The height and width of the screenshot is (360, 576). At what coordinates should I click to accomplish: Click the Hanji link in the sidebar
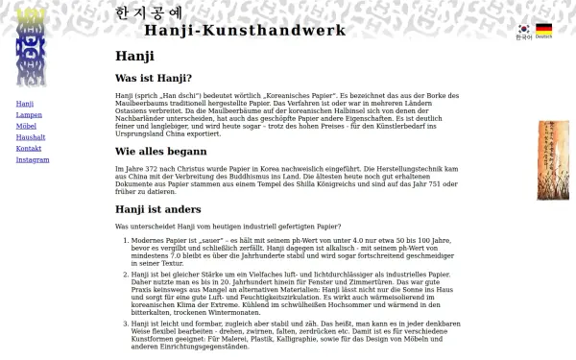(x=25, y=104)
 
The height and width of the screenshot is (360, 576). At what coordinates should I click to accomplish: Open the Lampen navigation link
(x=29, y=114)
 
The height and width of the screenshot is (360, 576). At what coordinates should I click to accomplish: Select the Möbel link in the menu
(x=27, y=126)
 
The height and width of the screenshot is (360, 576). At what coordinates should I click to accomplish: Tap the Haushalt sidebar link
(x=31, y=137)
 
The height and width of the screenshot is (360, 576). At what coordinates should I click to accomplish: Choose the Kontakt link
(x=29, y=149)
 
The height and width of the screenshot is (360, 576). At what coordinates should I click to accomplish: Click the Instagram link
(x=33, y=160)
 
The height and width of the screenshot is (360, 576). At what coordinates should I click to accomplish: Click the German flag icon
(x=543, y=29)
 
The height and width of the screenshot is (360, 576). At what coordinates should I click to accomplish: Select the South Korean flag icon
(x=523, y=29)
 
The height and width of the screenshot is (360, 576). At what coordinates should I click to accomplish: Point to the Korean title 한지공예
(x=148, y=12)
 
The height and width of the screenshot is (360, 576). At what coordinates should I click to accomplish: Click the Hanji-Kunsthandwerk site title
(x=245, y=30)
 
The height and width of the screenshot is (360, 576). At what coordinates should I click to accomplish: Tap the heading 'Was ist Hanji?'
(x=154, y=78)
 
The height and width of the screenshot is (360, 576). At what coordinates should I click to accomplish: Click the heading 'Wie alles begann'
(x=160, y=151)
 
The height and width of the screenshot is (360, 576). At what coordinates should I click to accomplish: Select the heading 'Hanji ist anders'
(x=157, y=208)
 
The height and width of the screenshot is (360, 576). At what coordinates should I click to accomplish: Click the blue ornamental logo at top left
(x=31, y=46)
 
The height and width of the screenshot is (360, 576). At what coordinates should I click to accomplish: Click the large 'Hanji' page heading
(x=134, y=56)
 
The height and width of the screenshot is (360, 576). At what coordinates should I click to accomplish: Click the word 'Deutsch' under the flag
(x=543, y=37)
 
